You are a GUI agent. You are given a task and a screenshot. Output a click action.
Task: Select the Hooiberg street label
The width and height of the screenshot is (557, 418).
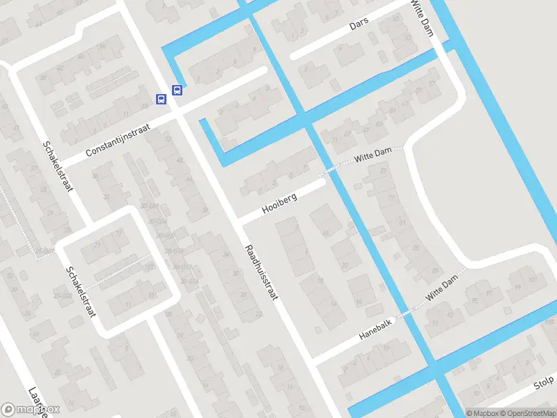coord(279,203)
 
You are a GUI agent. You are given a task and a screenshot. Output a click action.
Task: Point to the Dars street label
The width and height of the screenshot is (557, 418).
coord(359,25)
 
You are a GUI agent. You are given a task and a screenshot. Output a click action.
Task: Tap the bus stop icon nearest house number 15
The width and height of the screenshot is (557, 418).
coord(162,99)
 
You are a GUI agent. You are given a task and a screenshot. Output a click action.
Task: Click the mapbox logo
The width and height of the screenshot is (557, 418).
coord(31,410)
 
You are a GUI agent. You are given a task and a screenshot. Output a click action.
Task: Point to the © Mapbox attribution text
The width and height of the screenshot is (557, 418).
coord(483,413)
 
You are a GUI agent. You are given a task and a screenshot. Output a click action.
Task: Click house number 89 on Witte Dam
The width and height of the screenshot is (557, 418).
coord(436,270)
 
